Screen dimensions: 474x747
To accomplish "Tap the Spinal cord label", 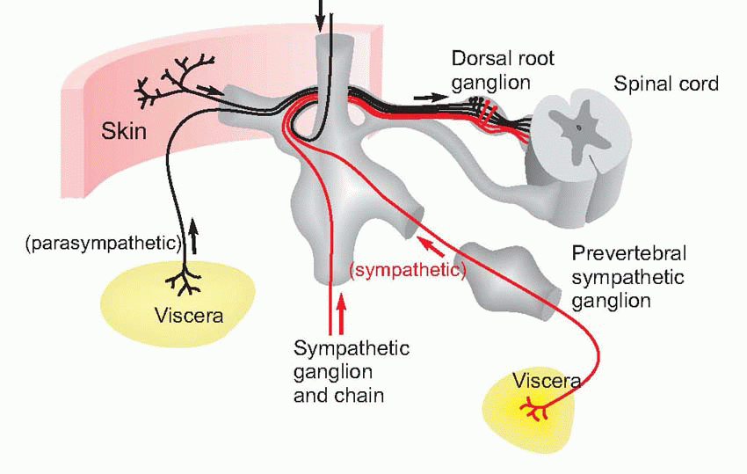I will pos(666,84).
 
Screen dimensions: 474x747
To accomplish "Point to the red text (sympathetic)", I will pos(407,270).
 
